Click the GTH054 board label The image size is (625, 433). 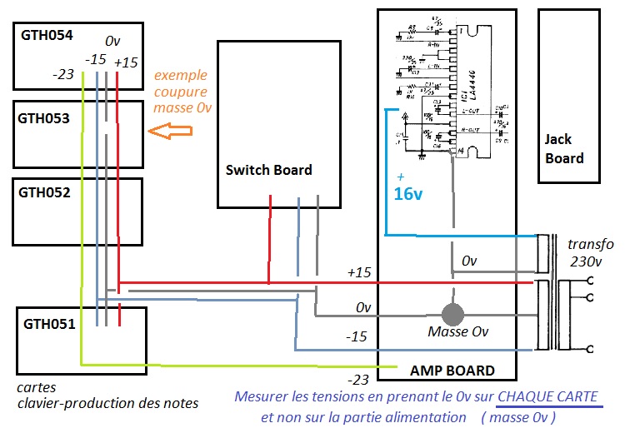pyautogui.click(x=48, y=36)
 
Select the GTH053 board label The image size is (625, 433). pyautogui.click(x=45, y=118)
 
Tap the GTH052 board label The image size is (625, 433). pyautogui.click(x=45, y=192)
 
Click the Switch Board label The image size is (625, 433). pyautogui.click(x=268, y=170)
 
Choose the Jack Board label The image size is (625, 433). pyautogui.click(x=564, y=148)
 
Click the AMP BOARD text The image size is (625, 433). pyautogui.click(x=452, y=371)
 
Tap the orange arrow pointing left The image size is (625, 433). pyautogui.click(x=168, y=131)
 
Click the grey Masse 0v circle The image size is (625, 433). pyautogui.click(x=452, y=314)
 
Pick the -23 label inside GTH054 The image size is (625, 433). pyautogui.click(x=62, y=75)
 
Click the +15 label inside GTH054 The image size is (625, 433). pyautogui.click(x=126, y=62)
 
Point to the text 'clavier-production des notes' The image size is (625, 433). pyautogui.click(x=108, y=403)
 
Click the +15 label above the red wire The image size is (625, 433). pyautogui.click(x=358, y=272)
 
